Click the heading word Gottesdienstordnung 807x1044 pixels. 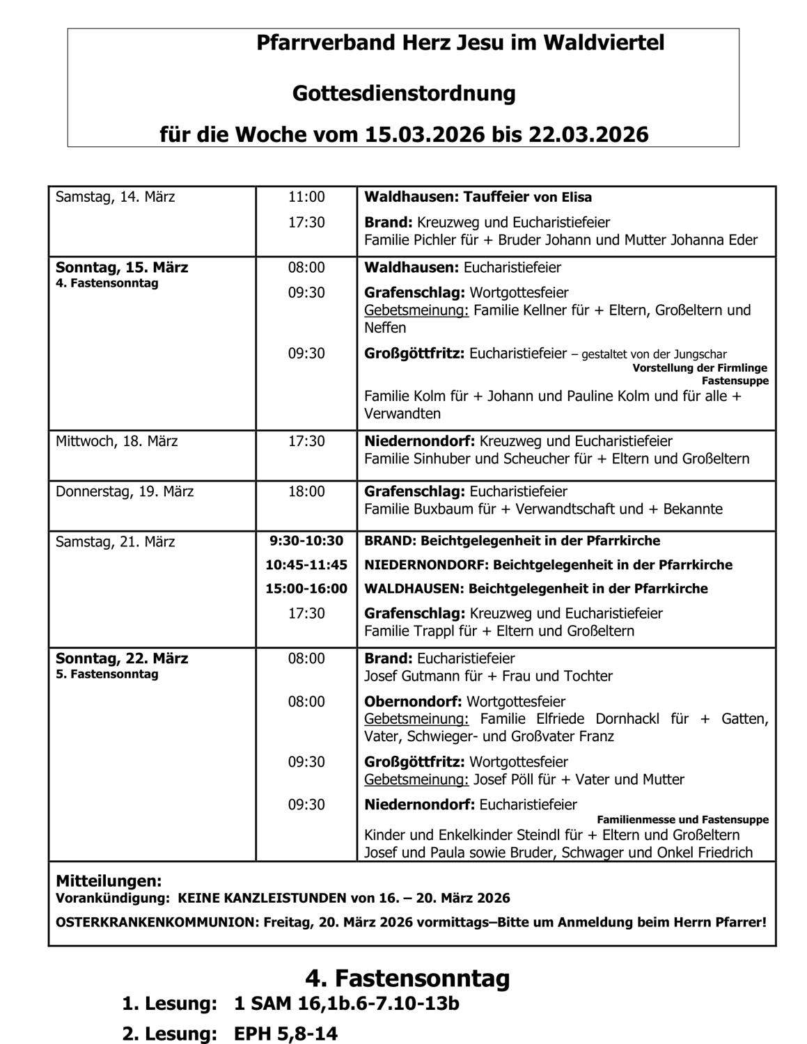pos(404,93)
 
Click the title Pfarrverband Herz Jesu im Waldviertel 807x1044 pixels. pos(460,43)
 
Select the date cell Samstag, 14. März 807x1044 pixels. pos(115,197)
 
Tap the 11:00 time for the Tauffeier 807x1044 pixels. pos(306,197)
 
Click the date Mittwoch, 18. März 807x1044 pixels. pos(116,441)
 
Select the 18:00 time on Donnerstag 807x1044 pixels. pos(306,491)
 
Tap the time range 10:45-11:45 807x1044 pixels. pos(306,564)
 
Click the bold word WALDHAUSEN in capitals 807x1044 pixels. pos(414,589)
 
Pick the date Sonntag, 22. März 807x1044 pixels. pos(122,658)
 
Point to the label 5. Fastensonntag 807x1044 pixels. pos(107,674)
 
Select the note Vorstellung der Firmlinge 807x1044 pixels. pos(700,368)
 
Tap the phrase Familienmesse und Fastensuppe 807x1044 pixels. pos(682,820)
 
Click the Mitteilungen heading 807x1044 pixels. pos(109,881)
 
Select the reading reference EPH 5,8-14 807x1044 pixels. pos(286,1034)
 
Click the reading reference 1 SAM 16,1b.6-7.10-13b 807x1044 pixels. pos(347,1004)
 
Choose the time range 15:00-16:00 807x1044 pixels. pos(306,589)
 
